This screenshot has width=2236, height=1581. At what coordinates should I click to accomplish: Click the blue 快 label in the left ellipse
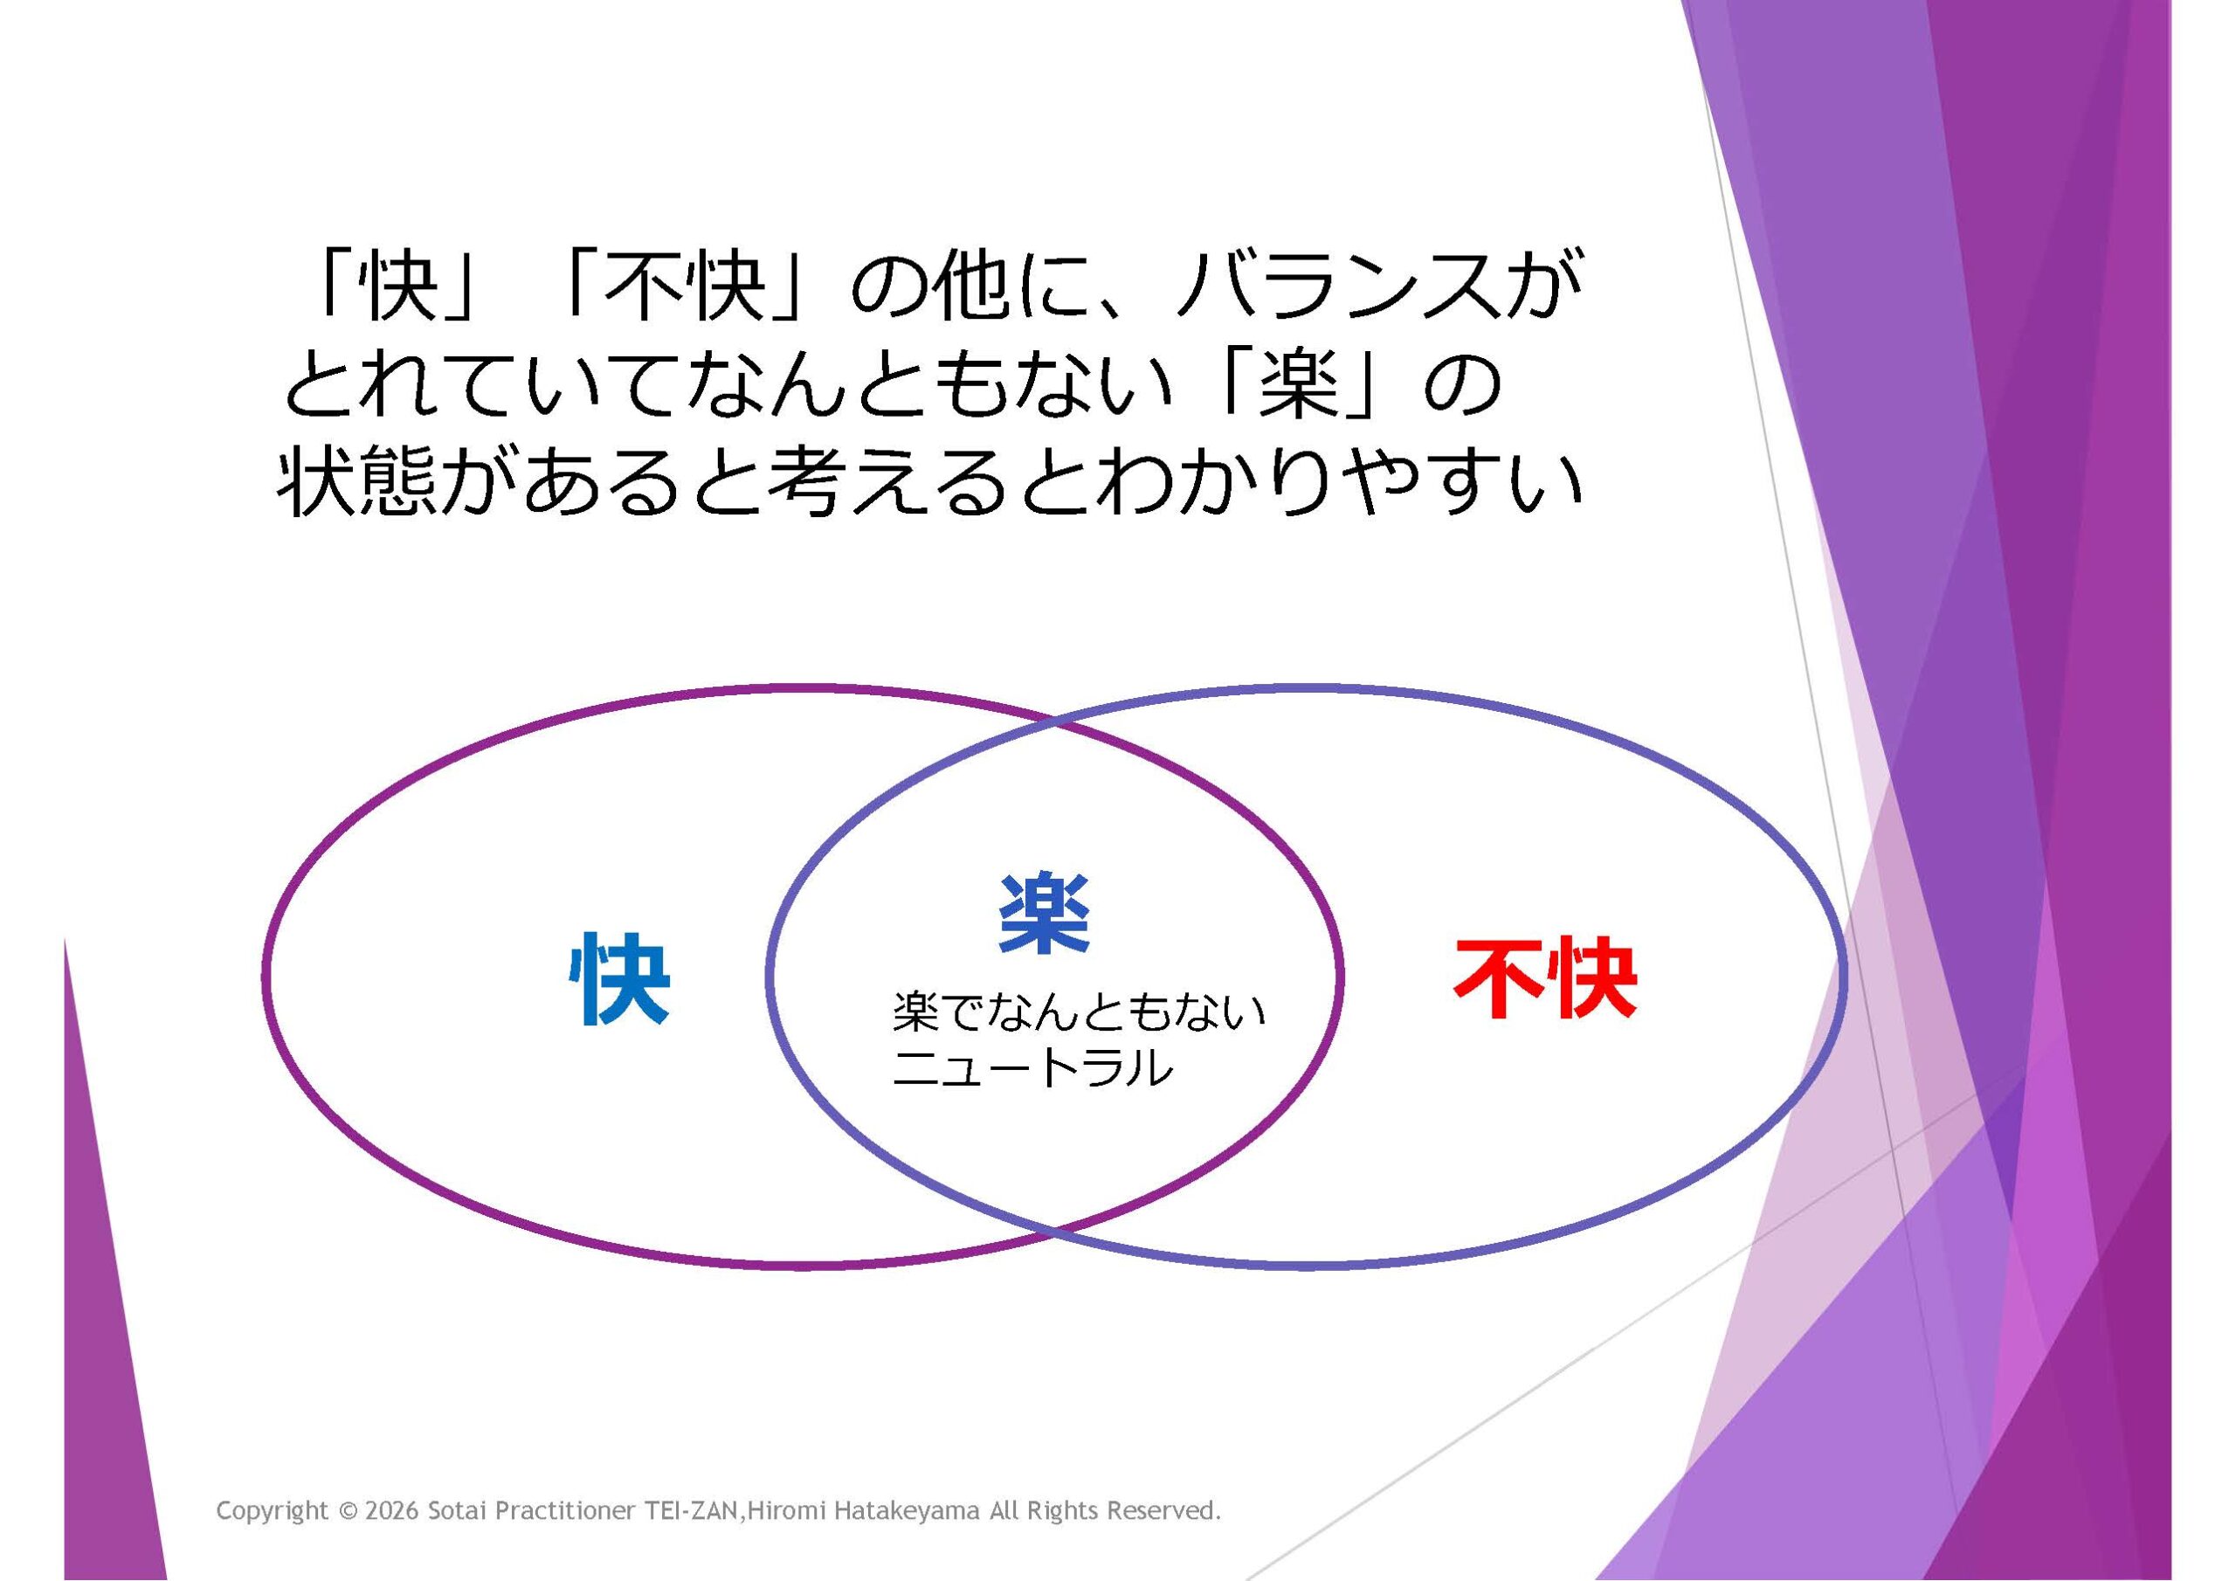(x=620, y=979)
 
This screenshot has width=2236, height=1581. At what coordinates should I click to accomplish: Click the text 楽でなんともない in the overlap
(x=1079, y=1013)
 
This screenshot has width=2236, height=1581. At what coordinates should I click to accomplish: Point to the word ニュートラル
(x=1032, y=1067)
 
